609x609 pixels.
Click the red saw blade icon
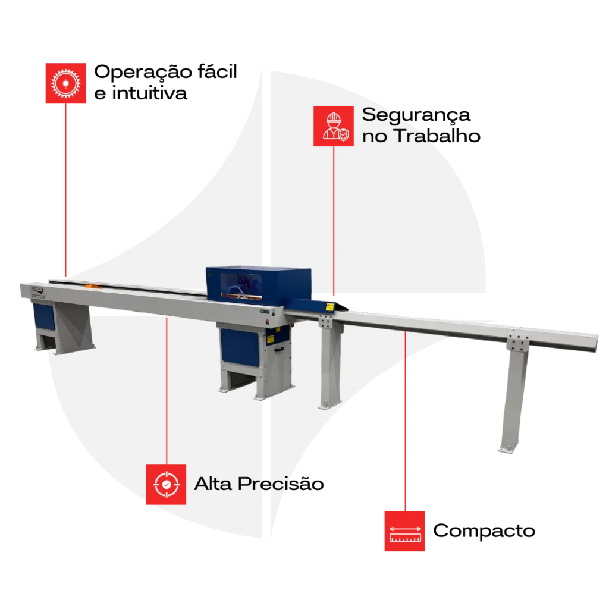point(66,83)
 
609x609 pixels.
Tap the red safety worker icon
point(334,125)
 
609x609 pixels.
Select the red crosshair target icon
point(166,485)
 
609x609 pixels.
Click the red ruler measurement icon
point(404,530)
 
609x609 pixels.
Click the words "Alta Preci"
point(244,484)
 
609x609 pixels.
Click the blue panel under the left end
point(44,315)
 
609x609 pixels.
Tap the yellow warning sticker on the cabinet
point(269,338)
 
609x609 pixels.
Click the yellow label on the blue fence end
point(331,306)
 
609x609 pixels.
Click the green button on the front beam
point(262,311)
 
